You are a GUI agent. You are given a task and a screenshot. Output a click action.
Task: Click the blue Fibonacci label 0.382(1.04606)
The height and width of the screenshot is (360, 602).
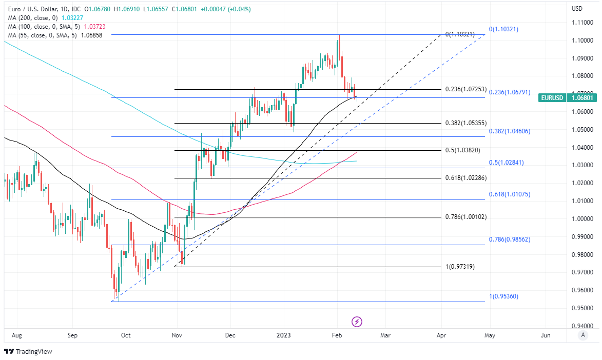(x=509, y=131)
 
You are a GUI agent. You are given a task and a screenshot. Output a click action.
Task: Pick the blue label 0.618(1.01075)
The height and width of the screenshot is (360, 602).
(x=509, y=194)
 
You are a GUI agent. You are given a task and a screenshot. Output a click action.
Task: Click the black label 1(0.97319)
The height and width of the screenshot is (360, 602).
(x=460, y=267)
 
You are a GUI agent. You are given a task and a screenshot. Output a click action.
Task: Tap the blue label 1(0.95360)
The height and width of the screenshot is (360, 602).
(x=504, y=296)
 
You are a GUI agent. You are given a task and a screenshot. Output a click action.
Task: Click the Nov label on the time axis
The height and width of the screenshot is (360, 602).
(x=177, y=335)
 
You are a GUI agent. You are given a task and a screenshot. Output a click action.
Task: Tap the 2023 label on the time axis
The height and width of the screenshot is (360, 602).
(x=283, y=335)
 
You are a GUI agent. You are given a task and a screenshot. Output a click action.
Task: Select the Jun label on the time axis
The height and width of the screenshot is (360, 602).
(x=546, y=335)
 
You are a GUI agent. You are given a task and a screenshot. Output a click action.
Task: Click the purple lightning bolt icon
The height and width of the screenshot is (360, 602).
(x=357, y=322)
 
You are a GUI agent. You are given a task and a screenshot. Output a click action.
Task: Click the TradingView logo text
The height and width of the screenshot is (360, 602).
(x=34, y=352)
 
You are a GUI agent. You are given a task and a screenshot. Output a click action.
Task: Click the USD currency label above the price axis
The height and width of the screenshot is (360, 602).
(x=577, y=9)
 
